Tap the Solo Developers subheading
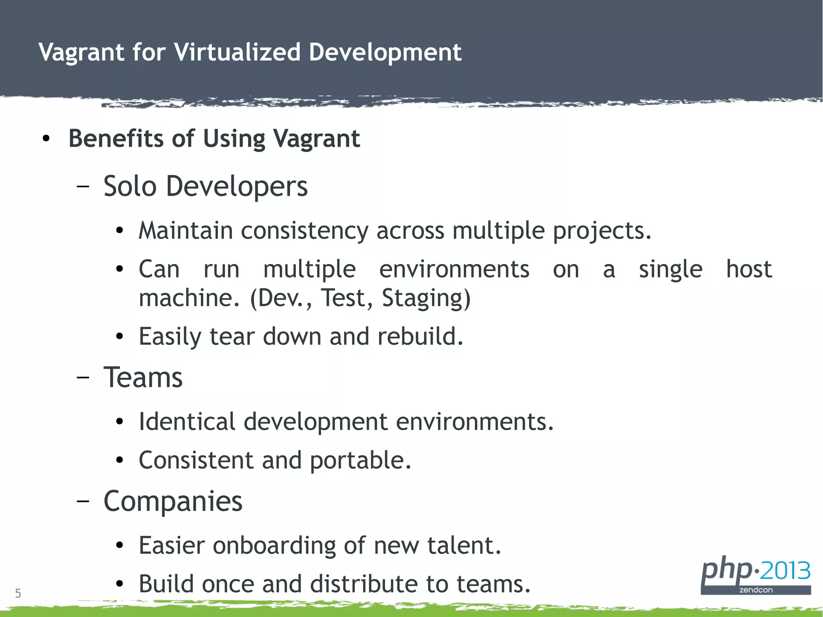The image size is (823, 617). click(x=205, y=187)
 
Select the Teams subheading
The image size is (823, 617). click(x=143, y=378)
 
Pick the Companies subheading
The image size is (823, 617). click(x=173, y=501)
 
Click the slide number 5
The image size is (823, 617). click(x=18, y=593)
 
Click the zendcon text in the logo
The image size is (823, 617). click(x=755, y=590)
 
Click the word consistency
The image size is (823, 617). click(x=304, y=231)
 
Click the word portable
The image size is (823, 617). click(x=360, y=460)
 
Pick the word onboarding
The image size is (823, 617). click(x=274, y=545)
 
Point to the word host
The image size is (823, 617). click(x=749, y=269)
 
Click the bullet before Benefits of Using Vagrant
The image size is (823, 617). click(x=46, y=139)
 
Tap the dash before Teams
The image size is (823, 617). click(x=83, y=378)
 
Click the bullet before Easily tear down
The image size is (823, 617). click(x=119, y=337)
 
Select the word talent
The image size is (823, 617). click(x=464, y=545)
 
